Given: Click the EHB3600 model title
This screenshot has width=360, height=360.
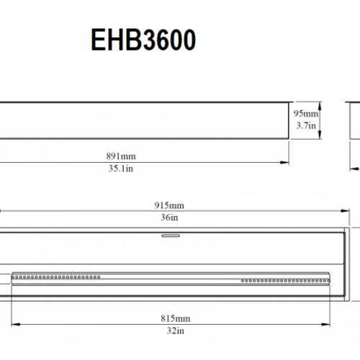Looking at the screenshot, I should [x=143, y=41].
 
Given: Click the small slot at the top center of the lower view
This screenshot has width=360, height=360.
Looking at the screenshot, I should [x=171, y=235].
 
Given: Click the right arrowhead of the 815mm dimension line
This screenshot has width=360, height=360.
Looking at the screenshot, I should [x=333, y=323].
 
